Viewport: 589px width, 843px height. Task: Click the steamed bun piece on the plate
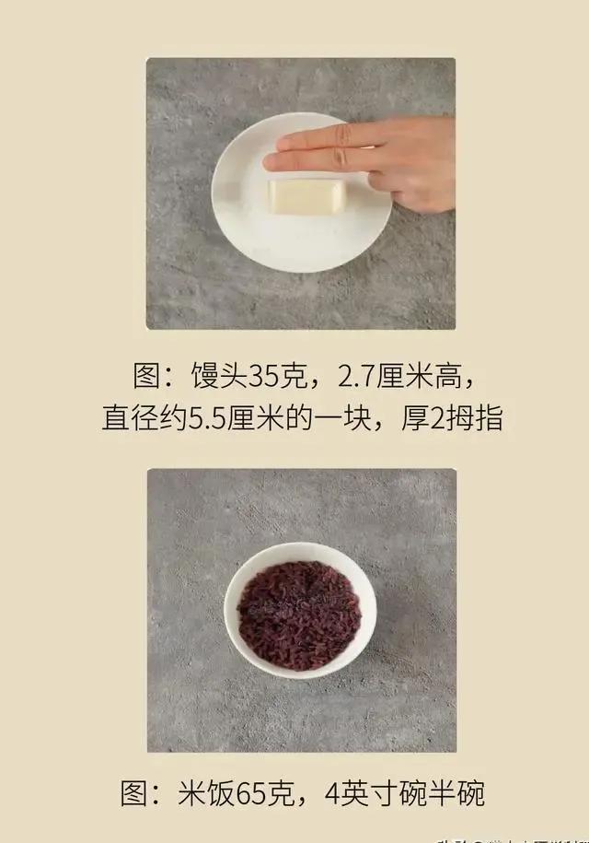pos(306,196)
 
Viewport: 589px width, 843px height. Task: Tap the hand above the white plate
pos(396,157)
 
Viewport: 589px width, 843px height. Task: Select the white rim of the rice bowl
pos(300,549)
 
